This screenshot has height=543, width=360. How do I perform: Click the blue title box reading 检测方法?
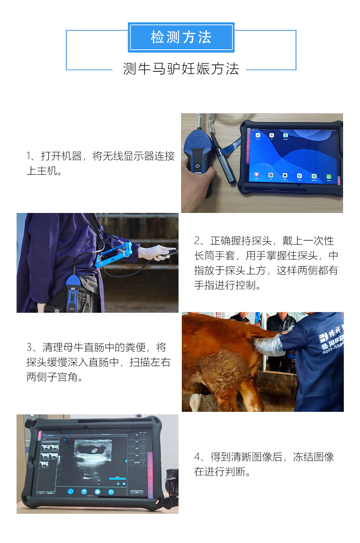[181, 37]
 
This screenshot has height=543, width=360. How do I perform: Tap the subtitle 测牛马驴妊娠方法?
[181, 69]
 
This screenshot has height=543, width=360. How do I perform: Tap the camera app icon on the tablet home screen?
[285, 175]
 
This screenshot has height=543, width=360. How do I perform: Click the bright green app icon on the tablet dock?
[328, 177]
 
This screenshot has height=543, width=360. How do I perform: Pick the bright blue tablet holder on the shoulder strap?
[116, 254]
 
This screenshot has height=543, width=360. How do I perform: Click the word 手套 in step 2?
[225, 256]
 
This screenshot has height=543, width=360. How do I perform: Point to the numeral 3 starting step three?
[29, 347]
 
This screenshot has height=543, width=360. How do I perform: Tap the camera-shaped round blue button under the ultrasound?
[111, 492]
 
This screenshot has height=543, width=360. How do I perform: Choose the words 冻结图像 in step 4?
[313, 457]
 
